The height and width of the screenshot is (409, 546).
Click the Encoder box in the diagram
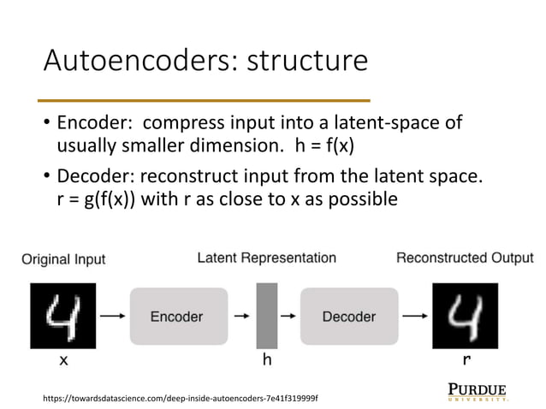tap(178, 317)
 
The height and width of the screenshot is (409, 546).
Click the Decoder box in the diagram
tap(348, 317)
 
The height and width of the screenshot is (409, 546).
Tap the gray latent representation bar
tap(266, 317)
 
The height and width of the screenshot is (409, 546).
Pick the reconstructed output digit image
tap(464, 317)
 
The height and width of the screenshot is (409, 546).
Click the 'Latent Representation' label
tap(266, 258)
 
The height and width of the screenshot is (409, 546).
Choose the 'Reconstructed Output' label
tap(465, 258)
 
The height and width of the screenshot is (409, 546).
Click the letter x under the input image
tap(62, 361)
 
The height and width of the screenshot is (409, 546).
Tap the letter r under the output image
tap(466, 361)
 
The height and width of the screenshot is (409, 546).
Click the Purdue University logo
tap(478, 391)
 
